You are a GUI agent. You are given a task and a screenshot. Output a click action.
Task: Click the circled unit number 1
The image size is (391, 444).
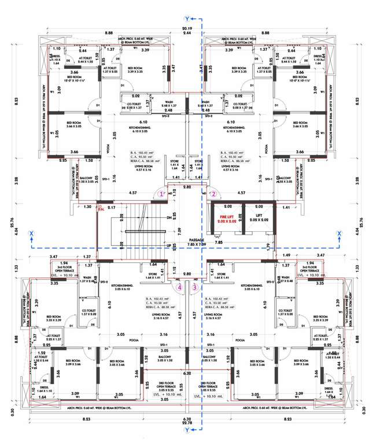click(x=163, y=194)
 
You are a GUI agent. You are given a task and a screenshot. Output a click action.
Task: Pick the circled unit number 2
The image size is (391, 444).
click(x=213, y=194)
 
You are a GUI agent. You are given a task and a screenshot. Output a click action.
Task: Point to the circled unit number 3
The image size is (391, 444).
click(x=195, y=286)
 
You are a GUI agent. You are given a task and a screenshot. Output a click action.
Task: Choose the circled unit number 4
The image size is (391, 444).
click(x=180, y=286)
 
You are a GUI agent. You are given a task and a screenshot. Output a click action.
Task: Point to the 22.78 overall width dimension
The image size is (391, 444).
click(x=186, y=428)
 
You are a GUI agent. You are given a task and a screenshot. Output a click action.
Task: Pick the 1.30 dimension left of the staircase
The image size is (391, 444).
click(x=87, y=206)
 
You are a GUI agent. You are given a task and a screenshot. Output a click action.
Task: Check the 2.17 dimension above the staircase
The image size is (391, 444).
click(x=111, y=207)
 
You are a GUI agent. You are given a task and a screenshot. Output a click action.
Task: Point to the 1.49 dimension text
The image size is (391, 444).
click(x=285, y=254)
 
